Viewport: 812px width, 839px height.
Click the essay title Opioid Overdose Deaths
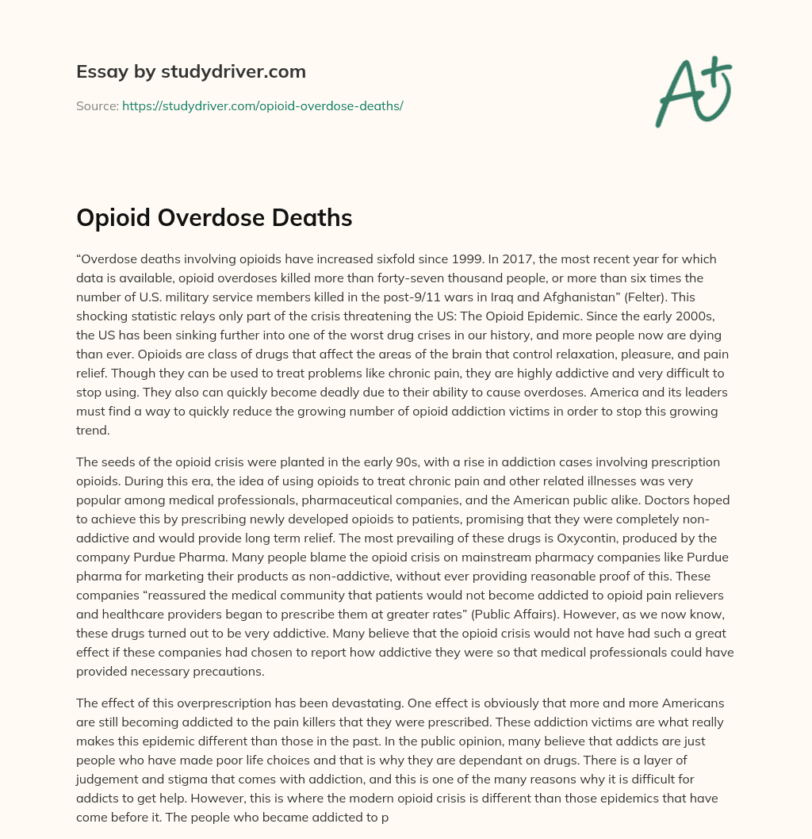[x=214, y=218]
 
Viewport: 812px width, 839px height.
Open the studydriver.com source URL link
[x=262, y=105]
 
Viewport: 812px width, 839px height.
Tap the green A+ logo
[x=692, y=92]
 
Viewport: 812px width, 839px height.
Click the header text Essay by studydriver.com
[x=191, y=71]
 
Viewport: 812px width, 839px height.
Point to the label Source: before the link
[x=98, y=105]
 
